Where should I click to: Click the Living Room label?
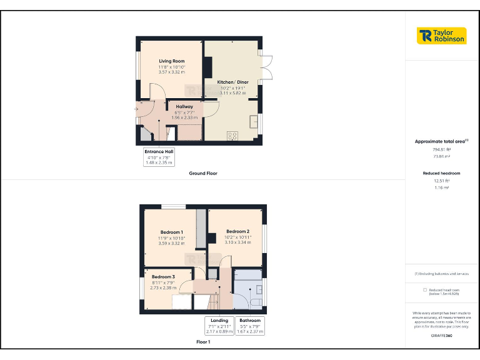coord(171,61)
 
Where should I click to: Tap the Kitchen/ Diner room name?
coord(232,82)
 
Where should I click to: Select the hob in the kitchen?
coord(232,135)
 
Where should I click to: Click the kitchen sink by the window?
coord(255,121)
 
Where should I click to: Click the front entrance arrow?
coord(137,109)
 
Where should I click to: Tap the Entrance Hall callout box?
coord(159,156)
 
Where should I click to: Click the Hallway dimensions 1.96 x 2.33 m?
coord(184,117)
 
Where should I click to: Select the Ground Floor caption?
coord(203,173)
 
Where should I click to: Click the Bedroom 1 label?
coord(171,232)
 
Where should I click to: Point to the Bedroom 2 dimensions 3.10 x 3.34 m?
coord(237,242)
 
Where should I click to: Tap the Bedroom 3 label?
coord(162,276)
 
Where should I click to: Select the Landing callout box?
coord(219,326)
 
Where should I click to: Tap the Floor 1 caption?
coord(203,342)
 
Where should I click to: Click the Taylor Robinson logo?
coord(441,36)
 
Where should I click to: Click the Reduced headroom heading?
coord(442,172)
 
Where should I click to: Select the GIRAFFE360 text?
coord(442,336)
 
